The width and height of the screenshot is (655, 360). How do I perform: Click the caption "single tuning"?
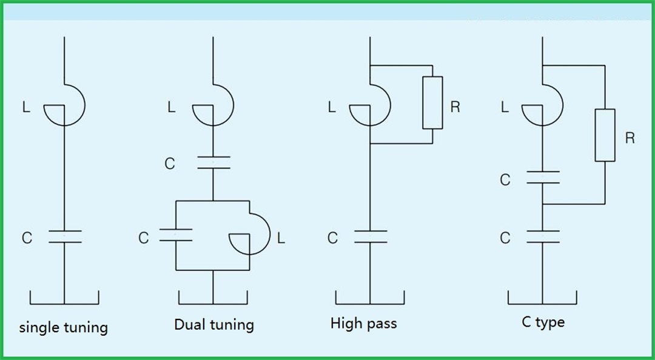64,328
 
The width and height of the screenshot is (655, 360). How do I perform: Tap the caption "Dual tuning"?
213,324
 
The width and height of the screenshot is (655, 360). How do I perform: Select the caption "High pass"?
363,323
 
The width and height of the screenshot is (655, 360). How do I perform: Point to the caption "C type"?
543,322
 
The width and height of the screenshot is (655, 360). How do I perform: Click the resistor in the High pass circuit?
432,102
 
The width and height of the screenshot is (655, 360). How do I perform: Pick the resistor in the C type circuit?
605,135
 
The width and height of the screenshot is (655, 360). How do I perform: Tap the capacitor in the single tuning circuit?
64,236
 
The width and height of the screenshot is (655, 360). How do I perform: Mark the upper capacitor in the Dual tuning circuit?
213,162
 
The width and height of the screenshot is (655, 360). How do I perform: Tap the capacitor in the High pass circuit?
370,236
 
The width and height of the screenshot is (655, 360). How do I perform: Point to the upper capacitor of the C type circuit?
543,178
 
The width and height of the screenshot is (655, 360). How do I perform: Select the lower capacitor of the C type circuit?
543,236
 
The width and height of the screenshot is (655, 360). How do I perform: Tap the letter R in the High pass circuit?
455,108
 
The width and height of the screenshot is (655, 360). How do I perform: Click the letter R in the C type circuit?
630,138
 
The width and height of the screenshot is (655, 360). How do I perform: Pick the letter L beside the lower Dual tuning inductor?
280,238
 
